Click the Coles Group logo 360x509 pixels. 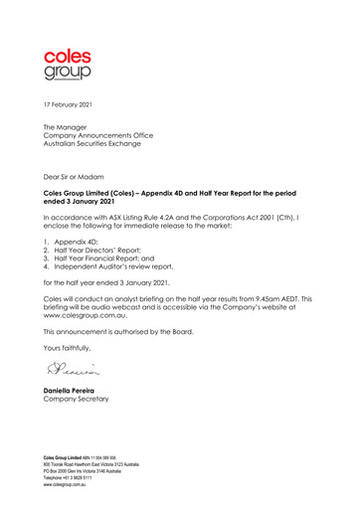(67, 62)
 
